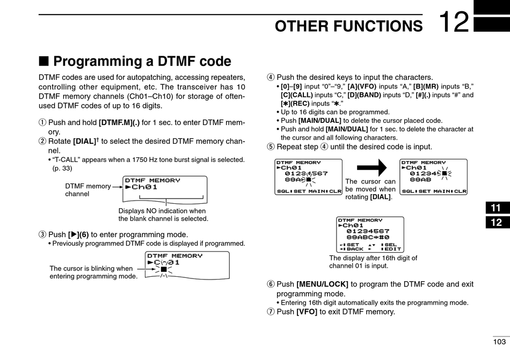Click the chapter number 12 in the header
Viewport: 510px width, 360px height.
pyautogui.click(x=454, y=22)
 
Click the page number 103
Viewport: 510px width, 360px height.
pyautogui.click(x=499, y=342)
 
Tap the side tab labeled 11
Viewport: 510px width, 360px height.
pyautogui.click(x=496, y=208)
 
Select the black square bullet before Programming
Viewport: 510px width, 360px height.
pyautogui.click(x=43, y=61)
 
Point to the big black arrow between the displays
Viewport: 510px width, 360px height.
pyautogui.click(x=372, y=167)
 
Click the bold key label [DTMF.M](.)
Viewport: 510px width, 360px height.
pyautogui.click(x=119, y=122)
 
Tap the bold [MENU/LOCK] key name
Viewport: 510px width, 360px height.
pyautogui.click(x=322, y=284)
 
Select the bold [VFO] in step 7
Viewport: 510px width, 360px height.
pyautogui.click(x=307, y=312)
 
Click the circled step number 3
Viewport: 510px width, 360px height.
pyautogui.click(x=42, y=234)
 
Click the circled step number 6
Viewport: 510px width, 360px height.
pyautogui.click(x=271, y=284)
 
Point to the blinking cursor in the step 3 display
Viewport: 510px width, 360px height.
pyautogui.click(x=164, y=269)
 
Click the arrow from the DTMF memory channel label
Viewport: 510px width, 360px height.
pyautogui.click(x=118, y=187)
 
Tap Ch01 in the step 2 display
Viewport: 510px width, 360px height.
pyautogui.click(x=144, y=187)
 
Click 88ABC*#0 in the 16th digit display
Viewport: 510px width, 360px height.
pyautogui.click(x=368, y=237)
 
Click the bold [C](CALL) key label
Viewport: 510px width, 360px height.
pyautogui.click(x=297, y=95)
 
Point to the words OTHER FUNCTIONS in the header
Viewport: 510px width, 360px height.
pyautogui.click(x=348, y=26)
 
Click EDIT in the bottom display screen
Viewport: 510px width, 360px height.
pyautogui.click(x=393, y=249)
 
